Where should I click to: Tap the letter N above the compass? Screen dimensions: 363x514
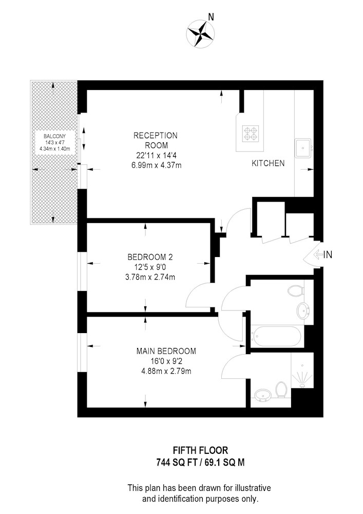tap(211, 17)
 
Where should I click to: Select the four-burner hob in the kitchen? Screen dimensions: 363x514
tap(251, 134)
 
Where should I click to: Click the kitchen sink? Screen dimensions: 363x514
tap(303, 148)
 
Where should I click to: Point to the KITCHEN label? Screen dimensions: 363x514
tap(268, 163)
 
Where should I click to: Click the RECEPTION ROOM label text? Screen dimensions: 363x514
tap(156, 140)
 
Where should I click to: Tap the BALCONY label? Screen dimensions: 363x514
tap(54, 136)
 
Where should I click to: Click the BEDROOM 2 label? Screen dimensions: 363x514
tap(150, 257)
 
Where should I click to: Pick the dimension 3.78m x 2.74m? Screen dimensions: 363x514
tap(150, 278)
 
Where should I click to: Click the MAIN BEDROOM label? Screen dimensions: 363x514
tap(166, 351)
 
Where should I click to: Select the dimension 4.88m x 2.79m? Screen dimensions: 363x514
tap(166, 372)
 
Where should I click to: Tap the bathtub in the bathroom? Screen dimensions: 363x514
tap(276, 336)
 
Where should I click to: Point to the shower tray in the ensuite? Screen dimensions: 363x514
tap(302, 371)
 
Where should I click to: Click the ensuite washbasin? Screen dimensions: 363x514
tap(262, 395)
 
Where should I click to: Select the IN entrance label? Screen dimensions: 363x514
tap(328, 254)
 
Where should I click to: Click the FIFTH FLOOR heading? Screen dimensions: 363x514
tap(200, 450)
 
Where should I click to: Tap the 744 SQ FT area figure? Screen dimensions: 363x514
tap(177, 463)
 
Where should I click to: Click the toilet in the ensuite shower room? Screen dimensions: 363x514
tap(281, 390)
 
